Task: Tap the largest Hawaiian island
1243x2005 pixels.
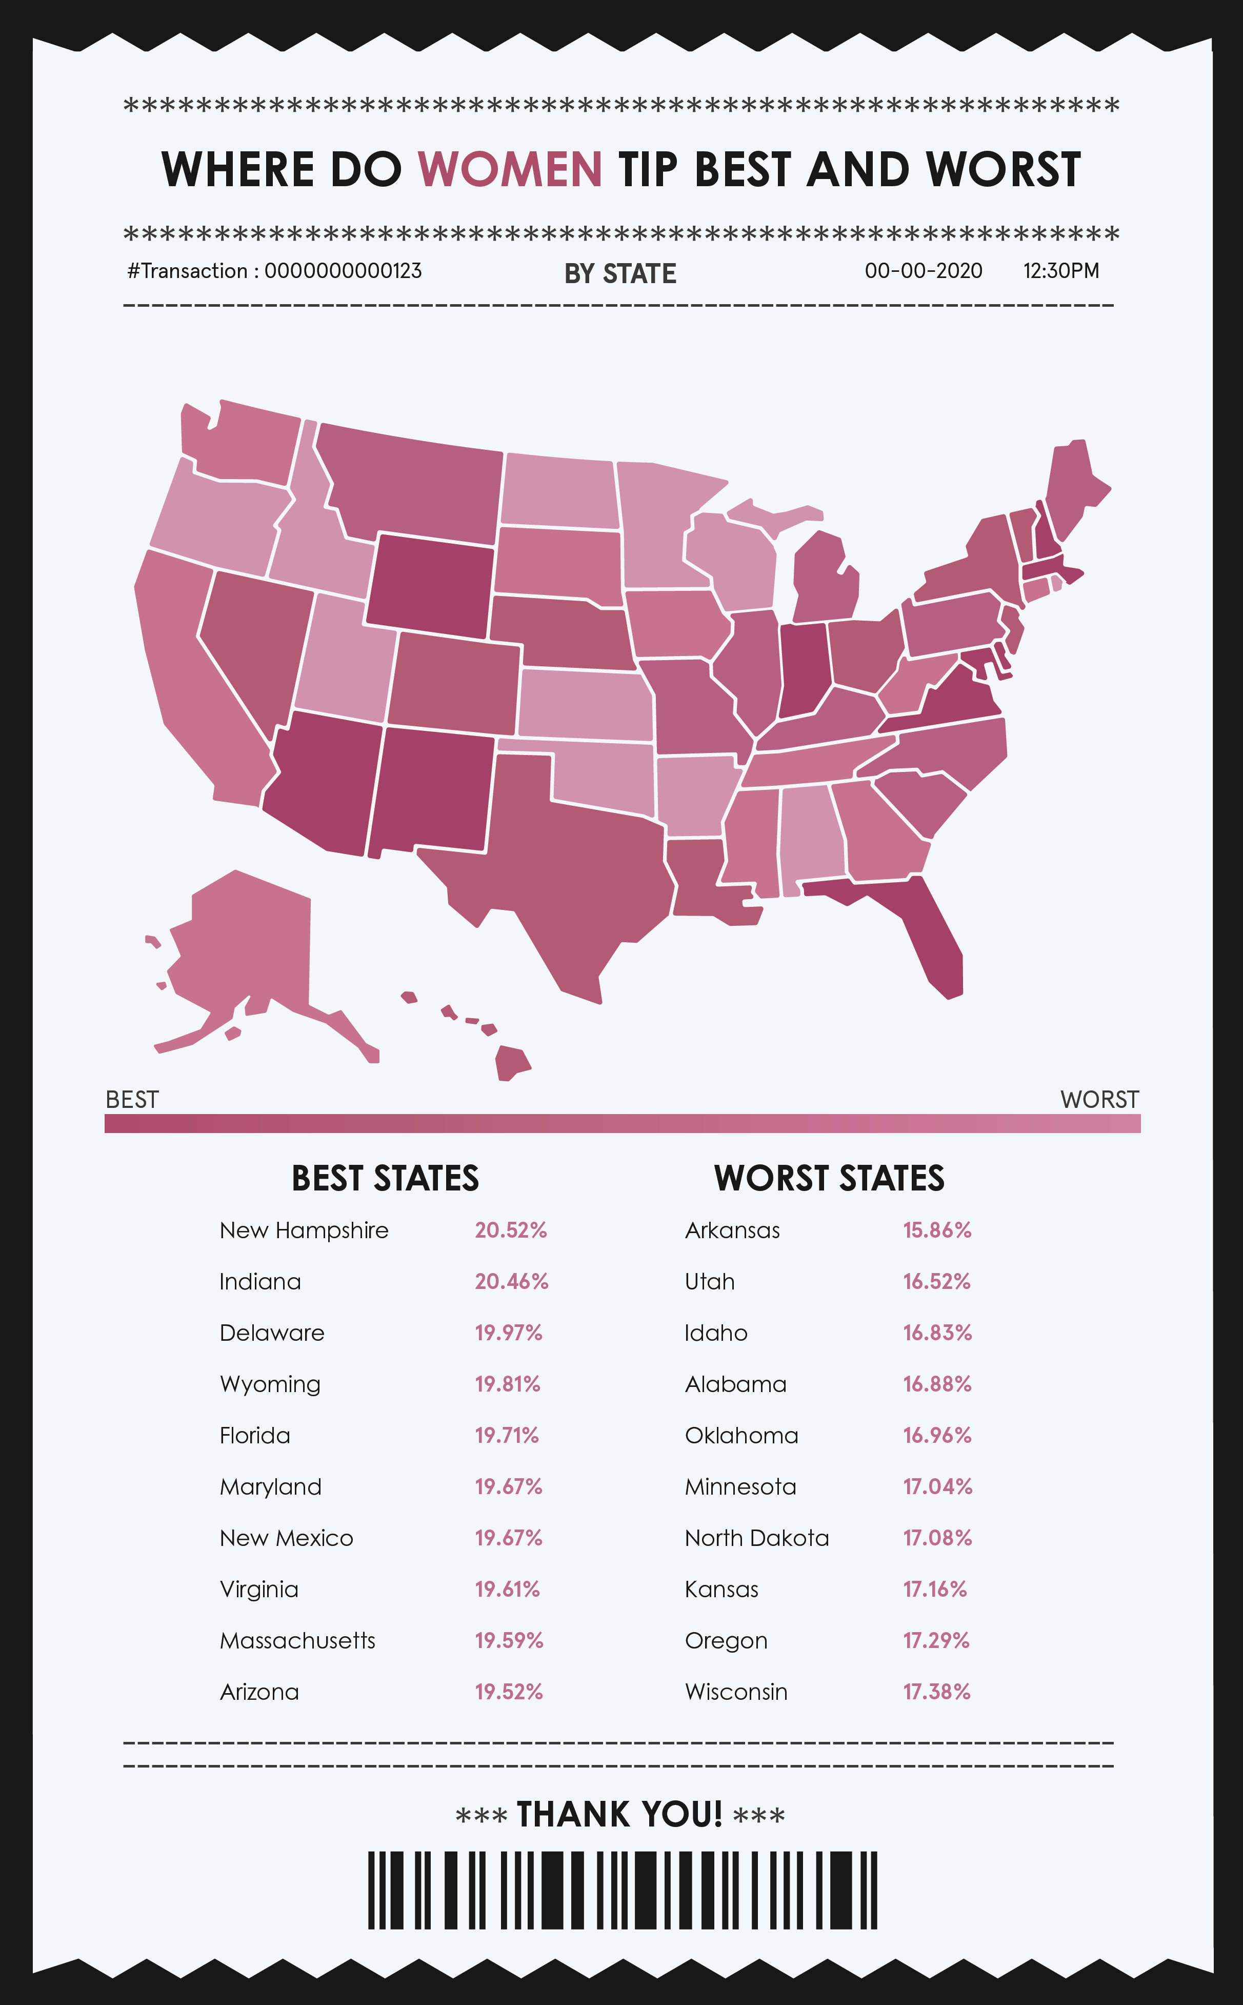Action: (x=511, y=1062)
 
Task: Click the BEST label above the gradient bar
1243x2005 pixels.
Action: (x=132, y=1100)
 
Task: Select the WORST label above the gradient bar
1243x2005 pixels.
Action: (x=1099, y=1100)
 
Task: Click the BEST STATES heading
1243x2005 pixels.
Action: (x=385, y=1178)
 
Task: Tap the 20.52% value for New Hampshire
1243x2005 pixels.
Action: (x=511, y=1230)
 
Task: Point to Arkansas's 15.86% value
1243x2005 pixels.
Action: (x=937, y=1230)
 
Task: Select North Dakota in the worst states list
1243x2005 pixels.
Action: (x=756, y=1538)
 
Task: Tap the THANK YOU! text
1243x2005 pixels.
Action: (x=620, y=1814)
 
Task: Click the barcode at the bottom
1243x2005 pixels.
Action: (x=623, y=1890)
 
